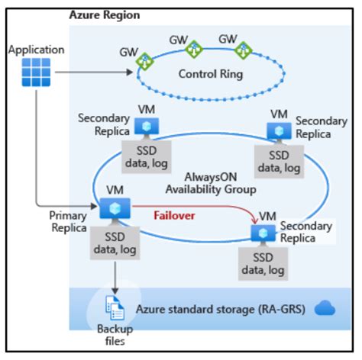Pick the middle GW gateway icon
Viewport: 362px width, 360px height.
tap(194, 48)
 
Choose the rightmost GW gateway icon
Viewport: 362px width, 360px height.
tap(244, 50)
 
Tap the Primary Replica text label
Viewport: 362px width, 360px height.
tap(68, 220)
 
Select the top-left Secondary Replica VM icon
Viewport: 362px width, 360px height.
tap(143, 126)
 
